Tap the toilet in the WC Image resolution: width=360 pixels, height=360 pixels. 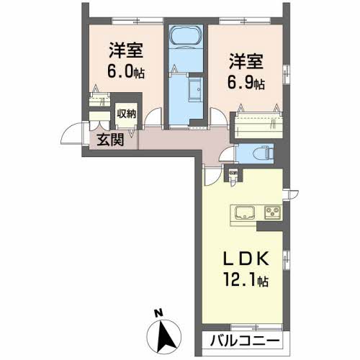(264, 153)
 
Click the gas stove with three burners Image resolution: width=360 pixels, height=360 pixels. (272, 212)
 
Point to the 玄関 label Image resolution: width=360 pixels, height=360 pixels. (109, 139)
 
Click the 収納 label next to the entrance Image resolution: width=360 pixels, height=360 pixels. (127, 113)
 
